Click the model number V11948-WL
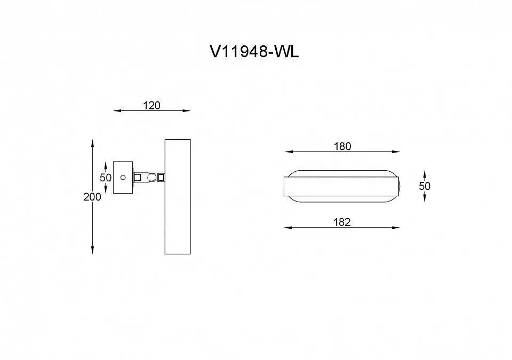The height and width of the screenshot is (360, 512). point(254,51)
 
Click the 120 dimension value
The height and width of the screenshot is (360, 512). point(152,106)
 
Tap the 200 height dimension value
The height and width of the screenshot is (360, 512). point(92,197)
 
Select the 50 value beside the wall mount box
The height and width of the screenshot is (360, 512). point(106,178)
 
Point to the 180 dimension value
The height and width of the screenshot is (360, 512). point(342,146)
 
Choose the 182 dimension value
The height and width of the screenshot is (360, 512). point(342,222)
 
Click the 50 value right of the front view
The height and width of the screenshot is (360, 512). point(425,186)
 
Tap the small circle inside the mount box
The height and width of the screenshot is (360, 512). point(123,178)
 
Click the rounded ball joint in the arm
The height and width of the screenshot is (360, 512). point(151,178)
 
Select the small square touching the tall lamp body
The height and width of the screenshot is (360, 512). point(161,178)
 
